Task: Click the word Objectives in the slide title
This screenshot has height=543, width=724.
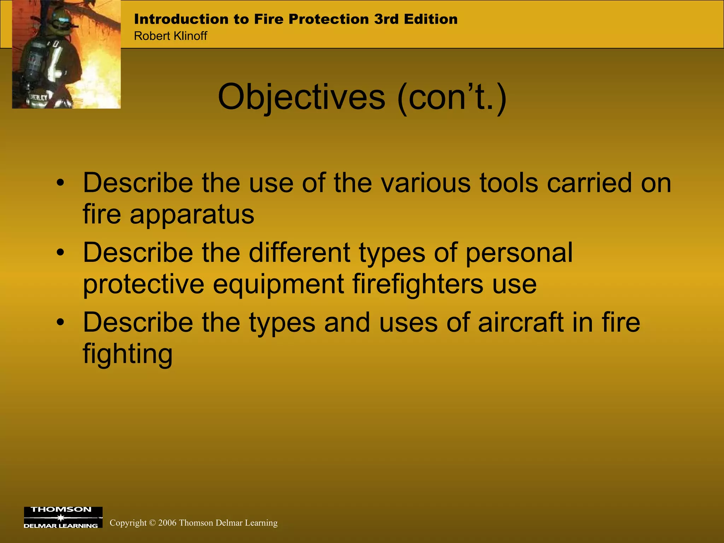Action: (x=301, y=97)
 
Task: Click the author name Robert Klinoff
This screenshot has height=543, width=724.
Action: (x=170, y=36)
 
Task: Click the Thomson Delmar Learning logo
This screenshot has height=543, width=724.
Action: (x=63, y=517)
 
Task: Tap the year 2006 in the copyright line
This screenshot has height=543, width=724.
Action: (x=167, y=523)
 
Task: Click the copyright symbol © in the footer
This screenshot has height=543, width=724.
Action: (x=152, y=523)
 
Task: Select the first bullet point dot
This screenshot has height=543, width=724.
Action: (x=61, y=183)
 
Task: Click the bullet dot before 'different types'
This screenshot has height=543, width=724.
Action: (x=61, y=253)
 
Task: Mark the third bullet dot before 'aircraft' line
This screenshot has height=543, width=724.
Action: (x=61, y=323)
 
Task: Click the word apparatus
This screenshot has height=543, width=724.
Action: (x=192, y=215)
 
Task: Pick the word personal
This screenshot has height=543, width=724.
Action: (x=519, y=253)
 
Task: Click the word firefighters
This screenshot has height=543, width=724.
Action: (x=418, y=284)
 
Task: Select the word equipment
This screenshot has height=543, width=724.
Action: (x=278, y=284)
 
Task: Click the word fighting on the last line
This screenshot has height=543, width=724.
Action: (x=128, y=354)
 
